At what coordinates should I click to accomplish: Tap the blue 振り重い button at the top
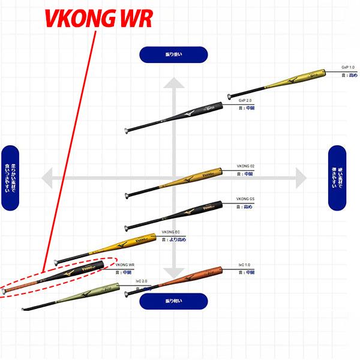[x=173, y=55]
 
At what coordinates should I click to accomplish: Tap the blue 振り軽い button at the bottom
[x=173, y=301]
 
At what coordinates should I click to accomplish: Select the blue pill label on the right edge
[x=338, y=178]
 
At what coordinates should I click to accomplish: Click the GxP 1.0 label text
[x=348, y=68]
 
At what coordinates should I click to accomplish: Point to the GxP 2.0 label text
[x=245, y=100]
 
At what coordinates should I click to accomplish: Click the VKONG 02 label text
[x=245, y=166]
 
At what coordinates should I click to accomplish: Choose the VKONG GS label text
[x=245, y=199]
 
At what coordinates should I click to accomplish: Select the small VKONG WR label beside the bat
[x=124, y=264]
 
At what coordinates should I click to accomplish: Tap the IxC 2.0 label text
[x=141, y=281]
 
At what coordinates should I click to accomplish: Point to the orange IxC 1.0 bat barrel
[x=198, y=276]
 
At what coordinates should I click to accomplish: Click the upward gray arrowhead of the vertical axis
[x=173, y=85]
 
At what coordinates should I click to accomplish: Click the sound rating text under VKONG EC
[x=173, y=239]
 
